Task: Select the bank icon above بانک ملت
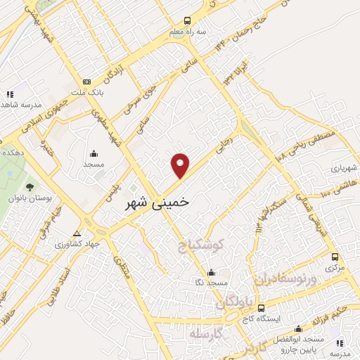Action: click(86, 82)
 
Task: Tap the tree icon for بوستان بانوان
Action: click(30, 187)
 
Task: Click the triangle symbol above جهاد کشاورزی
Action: click(77, 234)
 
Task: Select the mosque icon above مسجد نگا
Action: click(211, 273)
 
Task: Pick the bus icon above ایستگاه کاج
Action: click(262, 308)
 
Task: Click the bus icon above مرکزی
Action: click(335, 257)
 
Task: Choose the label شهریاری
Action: click(345, 169)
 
